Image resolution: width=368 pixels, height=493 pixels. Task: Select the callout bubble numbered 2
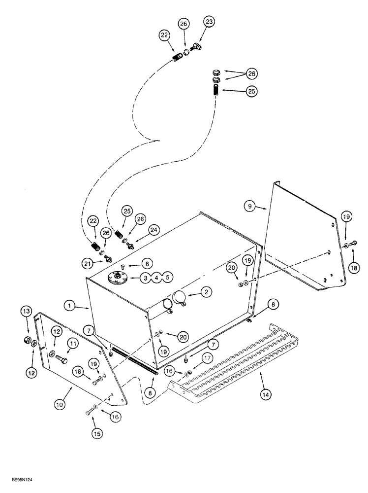206,292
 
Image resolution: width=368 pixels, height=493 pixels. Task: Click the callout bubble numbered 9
250,207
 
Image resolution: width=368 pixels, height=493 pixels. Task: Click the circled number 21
89,264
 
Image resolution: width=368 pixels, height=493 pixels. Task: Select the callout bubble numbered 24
154,229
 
